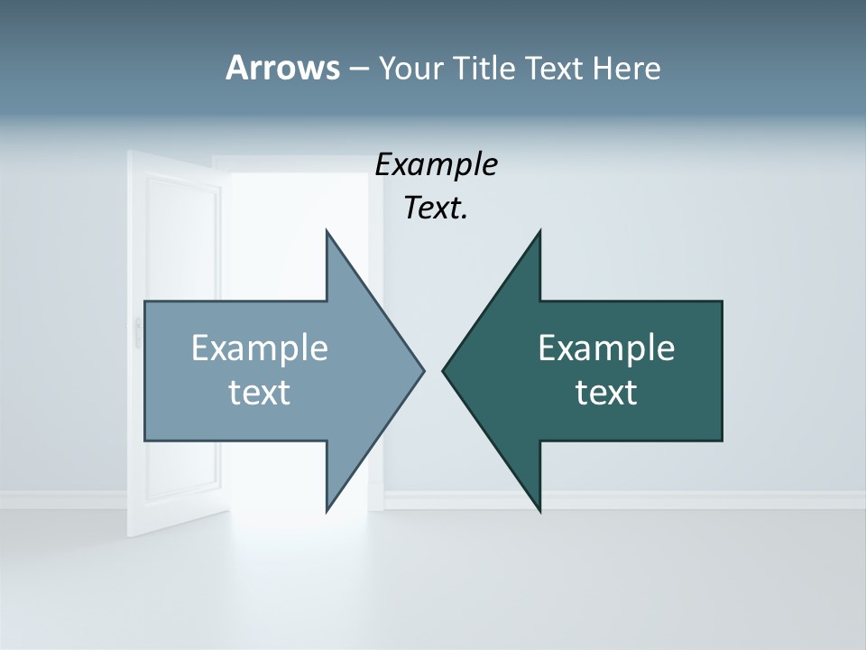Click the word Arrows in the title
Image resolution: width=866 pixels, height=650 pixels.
click(x=282, y=68)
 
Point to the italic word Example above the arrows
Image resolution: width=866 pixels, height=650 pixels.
click(x=436, y=165)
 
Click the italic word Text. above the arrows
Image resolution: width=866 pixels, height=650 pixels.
click(x=436, y=209)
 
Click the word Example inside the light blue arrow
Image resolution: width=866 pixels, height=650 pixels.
click(x=260, y=348)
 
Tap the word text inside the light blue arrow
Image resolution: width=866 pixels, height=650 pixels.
click(x=260, y=392)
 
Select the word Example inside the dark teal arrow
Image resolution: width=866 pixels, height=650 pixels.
click(x=606, y=348)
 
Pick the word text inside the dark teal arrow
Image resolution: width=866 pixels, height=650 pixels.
click(x=606, y=392)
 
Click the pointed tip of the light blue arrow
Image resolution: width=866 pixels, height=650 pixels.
click(x=423, y=370)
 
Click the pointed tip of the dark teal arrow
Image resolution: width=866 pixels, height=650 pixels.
click(x=444, y=370)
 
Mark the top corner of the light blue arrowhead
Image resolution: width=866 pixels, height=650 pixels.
click(x=327, y=231)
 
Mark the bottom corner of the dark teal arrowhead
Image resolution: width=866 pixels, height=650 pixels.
click(x=539, y=511)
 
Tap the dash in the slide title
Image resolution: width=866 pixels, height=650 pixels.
click(x=358, y=70)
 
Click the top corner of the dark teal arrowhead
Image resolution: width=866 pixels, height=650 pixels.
click(x=539, y=231)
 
